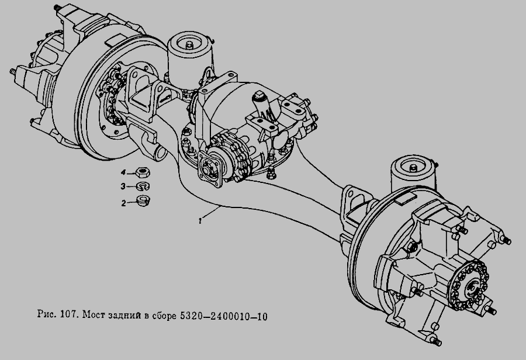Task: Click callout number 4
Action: point(123,172)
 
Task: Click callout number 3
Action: point(123,186)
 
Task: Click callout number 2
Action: point(123,203)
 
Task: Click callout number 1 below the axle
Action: point(200,221)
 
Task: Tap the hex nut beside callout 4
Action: point(143,173)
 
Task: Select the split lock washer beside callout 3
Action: point(143,186)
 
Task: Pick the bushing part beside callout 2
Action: point(143,201)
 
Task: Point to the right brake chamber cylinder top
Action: point(413,166)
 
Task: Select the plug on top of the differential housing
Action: point(260,96)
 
